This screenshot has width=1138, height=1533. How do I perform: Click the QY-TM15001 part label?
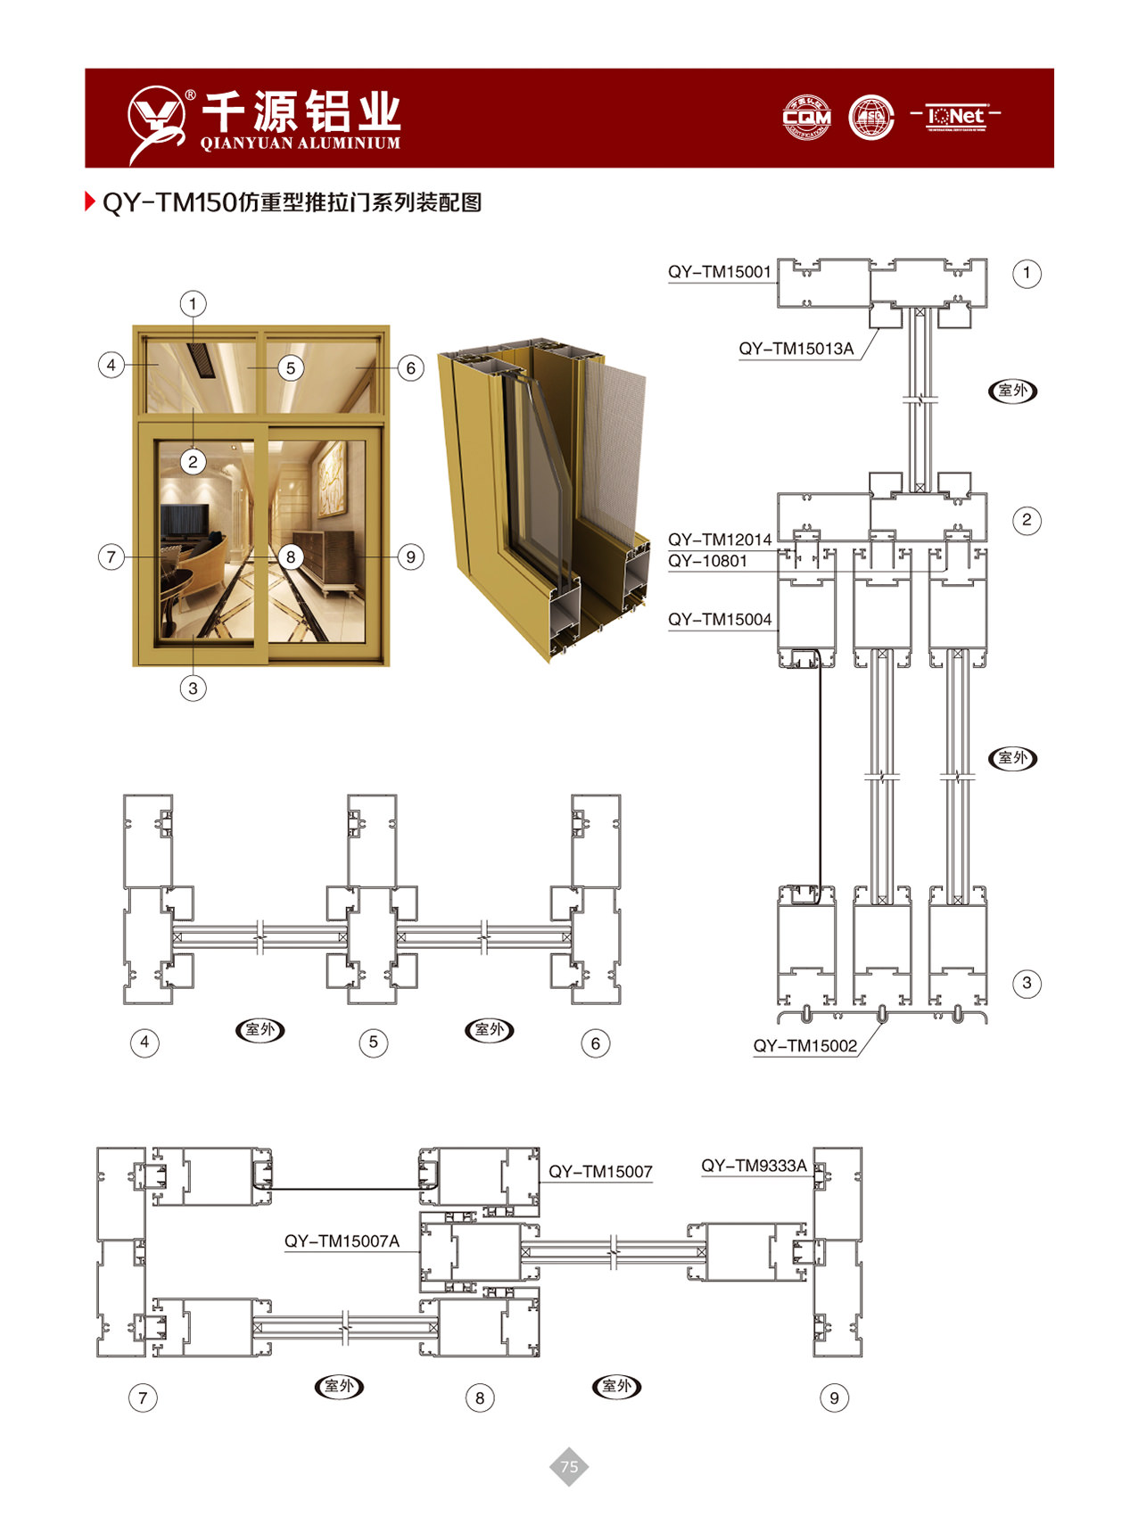point(719,272)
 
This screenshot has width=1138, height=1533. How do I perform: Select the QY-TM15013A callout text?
point(796,349)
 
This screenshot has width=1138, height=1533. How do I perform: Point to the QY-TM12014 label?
point(720,540)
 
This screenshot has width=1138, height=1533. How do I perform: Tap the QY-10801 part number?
point(707,561)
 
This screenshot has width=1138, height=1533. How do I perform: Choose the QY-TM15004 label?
point(720,619)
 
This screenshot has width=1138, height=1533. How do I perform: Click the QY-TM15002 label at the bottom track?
point(804,1045)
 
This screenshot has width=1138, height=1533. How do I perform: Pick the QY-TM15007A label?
point(342,1240)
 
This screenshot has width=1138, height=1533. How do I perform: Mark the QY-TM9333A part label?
point(754,1166)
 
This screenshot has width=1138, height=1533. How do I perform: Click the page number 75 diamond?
point(569,1466)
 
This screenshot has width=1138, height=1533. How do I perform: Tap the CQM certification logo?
point(806,118)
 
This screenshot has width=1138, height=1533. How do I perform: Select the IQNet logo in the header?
point(955,116)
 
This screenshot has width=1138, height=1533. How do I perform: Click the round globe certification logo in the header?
point(871,118)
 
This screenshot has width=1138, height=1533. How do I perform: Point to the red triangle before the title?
point(90,202)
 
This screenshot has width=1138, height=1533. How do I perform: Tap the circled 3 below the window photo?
point(193,688)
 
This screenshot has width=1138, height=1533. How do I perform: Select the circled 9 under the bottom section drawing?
point(834,1397)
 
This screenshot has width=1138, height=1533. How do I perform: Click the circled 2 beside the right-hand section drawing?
point(1027,520)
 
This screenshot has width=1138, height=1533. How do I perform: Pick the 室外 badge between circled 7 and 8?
point(340,1386)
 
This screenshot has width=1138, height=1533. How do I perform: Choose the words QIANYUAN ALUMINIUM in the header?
point(301,144)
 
